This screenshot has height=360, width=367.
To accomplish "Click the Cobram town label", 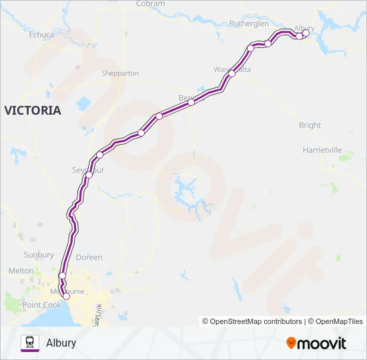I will pyautogui.click(x=150, y=3).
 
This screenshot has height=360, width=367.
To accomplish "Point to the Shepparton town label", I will pyautogui.click(x=120, y=73).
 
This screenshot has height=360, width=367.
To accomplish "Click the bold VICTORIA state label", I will pyautogui.click(x=33, y=110).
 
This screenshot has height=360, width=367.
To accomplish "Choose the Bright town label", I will pyautogui.click(x=310, y=125).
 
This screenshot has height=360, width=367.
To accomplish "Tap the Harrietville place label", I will pyautogui.click(x=322, y=150).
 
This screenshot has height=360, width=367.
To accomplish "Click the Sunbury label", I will pyautogui.click(x=38, y=255).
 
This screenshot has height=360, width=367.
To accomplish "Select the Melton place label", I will pyautogui.click(x=21, y=271).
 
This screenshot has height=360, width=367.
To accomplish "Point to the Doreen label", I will pyautogui.click(x=89, y=257).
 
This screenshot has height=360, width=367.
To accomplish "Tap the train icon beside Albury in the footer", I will pyautogui.click(x=29, y=343).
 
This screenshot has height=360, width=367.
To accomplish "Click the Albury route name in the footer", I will pyautogui.click(x=61, y=343).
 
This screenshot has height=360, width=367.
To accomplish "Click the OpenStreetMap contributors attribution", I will pyautogui.click(x=252, y=321).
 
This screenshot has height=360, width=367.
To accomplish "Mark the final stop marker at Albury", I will pyautogui.click(x=306, y=33).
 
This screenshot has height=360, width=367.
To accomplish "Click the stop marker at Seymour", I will pyautogui.click(x=89, y=175).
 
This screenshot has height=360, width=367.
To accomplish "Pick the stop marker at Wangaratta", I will pyautogui.click(x=232, y=74).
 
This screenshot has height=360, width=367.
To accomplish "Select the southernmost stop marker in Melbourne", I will pyautogui.click(x=65, y=297).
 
